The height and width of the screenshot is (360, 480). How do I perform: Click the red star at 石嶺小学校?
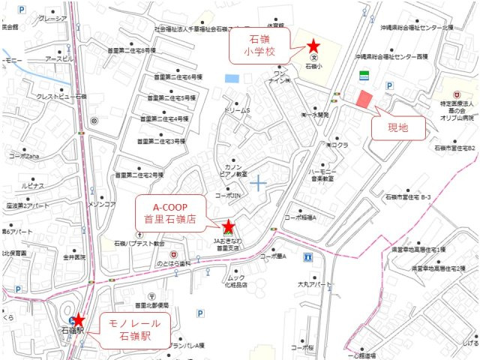click(x=313, y=46)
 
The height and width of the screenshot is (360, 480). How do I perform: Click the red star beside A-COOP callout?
click(x=229, y=226)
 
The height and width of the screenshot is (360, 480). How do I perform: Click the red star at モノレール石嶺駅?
click(x=78, y=321)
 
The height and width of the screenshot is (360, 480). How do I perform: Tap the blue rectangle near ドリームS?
click(x=232, y=78)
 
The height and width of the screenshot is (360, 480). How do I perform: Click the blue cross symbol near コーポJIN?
click(x=259, y=182)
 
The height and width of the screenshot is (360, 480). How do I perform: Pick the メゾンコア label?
click(x=102, y=204)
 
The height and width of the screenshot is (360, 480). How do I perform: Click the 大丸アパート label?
click(x=313, y=285)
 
